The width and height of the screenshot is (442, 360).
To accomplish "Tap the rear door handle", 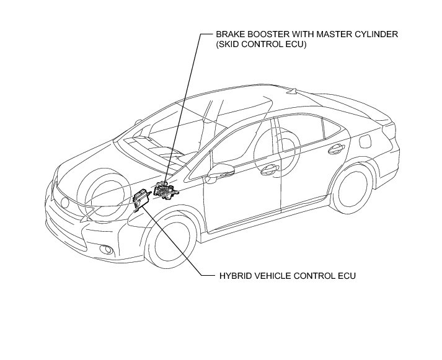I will [x=337, y=147].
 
